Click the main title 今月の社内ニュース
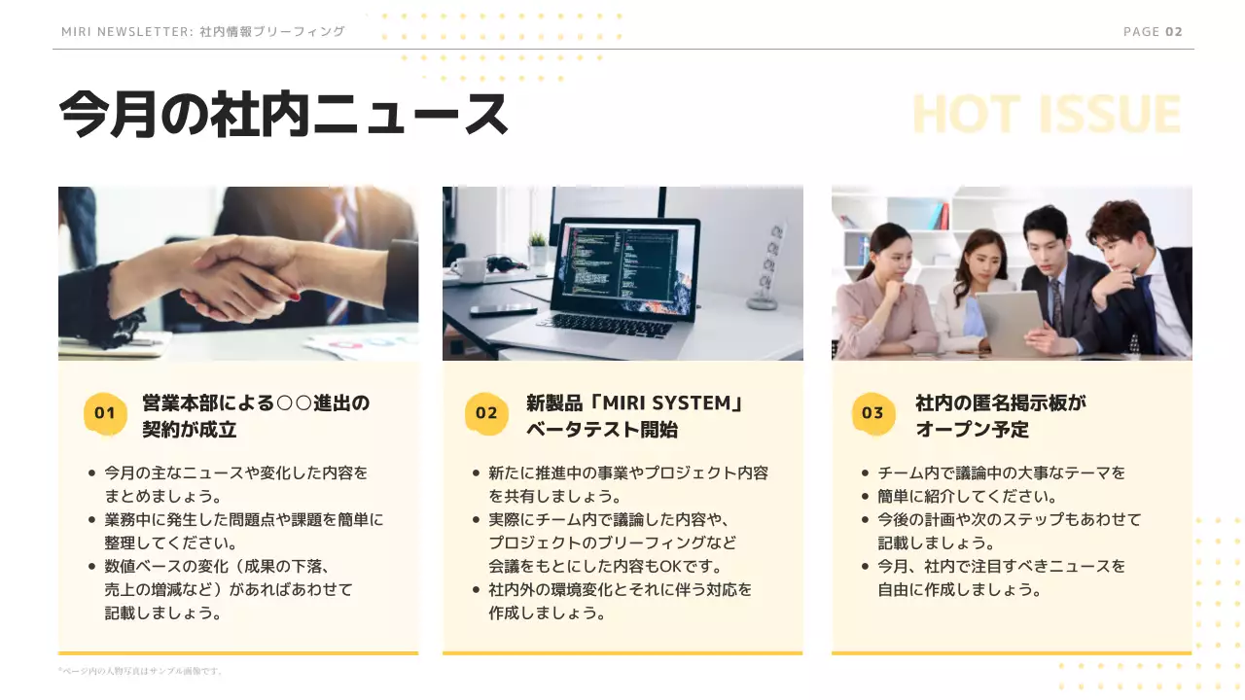(283, 115)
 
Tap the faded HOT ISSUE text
(1047, 115)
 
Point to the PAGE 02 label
(1153, 32)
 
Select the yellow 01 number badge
(105, 413)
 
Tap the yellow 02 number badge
(486, 413)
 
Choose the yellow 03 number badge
(872, 413)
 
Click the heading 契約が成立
(190, 429)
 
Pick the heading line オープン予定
(972, 429)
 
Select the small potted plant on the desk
(538, 248)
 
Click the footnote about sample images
(141, 671)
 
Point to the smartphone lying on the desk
(503, 311)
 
